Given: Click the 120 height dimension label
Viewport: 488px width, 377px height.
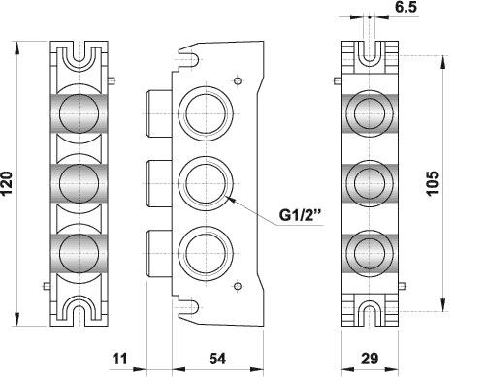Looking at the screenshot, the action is (7, 183).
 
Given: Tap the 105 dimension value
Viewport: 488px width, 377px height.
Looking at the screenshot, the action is (432, 183).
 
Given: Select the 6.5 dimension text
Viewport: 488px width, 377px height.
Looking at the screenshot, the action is (407, 7).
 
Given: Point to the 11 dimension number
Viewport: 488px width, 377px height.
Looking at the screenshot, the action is (120, 359).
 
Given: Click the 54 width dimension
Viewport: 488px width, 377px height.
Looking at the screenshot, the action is (217, 359).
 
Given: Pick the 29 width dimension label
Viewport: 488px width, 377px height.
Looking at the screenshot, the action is (370, 359).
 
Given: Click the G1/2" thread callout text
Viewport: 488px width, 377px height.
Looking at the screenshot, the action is (301, 215).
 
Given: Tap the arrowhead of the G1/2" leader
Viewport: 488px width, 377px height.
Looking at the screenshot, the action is (229, 198).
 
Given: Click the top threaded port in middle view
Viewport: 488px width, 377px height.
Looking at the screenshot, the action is (206, 113).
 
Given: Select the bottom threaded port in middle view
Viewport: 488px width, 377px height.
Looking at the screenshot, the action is (206, 253).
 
